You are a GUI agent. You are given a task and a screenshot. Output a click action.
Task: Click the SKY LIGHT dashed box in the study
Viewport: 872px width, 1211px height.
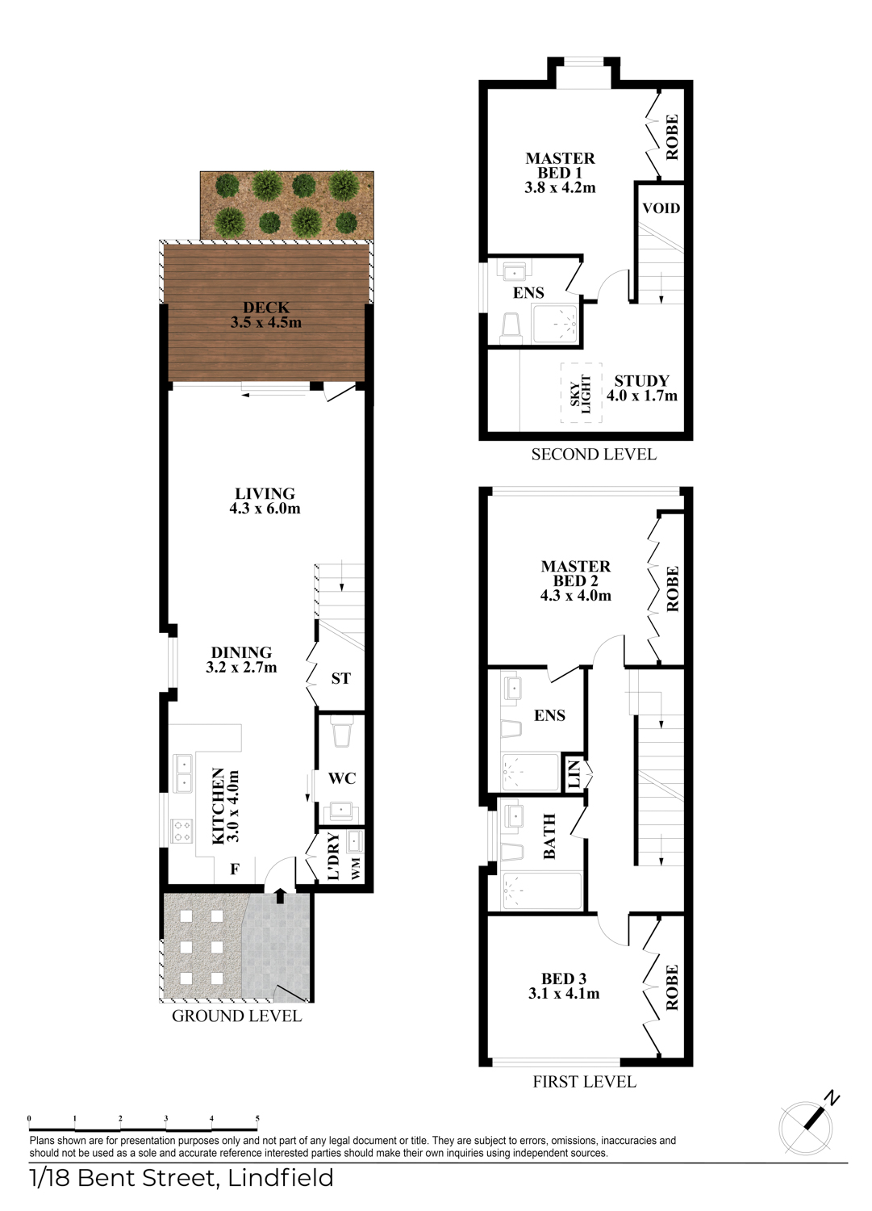[x=581, y=393]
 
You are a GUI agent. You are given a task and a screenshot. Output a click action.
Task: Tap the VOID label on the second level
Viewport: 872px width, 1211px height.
[x=661, y=208]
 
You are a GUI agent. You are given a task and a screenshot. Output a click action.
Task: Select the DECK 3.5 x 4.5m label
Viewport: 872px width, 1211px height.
[x=266, y=315]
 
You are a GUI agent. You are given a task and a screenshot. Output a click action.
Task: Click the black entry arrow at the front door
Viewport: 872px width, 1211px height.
[x=279, y=895]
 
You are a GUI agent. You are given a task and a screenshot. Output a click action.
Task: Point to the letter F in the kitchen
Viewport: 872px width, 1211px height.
[x=235, y=869]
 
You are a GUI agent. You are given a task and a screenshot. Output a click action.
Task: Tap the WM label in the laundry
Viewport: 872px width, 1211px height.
[x=355, y=869]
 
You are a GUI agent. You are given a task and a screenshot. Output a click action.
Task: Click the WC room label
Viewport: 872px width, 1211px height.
[x=342, y=778]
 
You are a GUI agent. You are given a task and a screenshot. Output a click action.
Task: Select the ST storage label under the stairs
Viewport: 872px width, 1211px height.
[x=341, y=678]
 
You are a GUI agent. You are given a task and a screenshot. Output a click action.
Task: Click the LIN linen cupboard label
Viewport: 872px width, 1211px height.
[x=574, y=773]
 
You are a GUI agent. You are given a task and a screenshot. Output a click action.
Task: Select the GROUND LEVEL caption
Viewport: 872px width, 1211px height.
[x=236, y=1016]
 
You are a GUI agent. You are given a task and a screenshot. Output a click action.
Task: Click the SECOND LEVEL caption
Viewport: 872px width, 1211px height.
[x=594, y=454]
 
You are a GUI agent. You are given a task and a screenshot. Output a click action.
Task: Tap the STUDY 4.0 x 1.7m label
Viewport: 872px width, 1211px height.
[x=642, y=388]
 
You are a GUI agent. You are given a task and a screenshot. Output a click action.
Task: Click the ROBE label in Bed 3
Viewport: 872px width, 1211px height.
[x=672, y=987]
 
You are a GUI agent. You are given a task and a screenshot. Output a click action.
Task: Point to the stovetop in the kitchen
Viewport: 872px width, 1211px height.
[x=181, y=831]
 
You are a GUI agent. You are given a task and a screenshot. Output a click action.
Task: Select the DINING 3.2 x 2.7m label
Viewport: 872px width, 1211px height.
[x=241, y=660]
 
